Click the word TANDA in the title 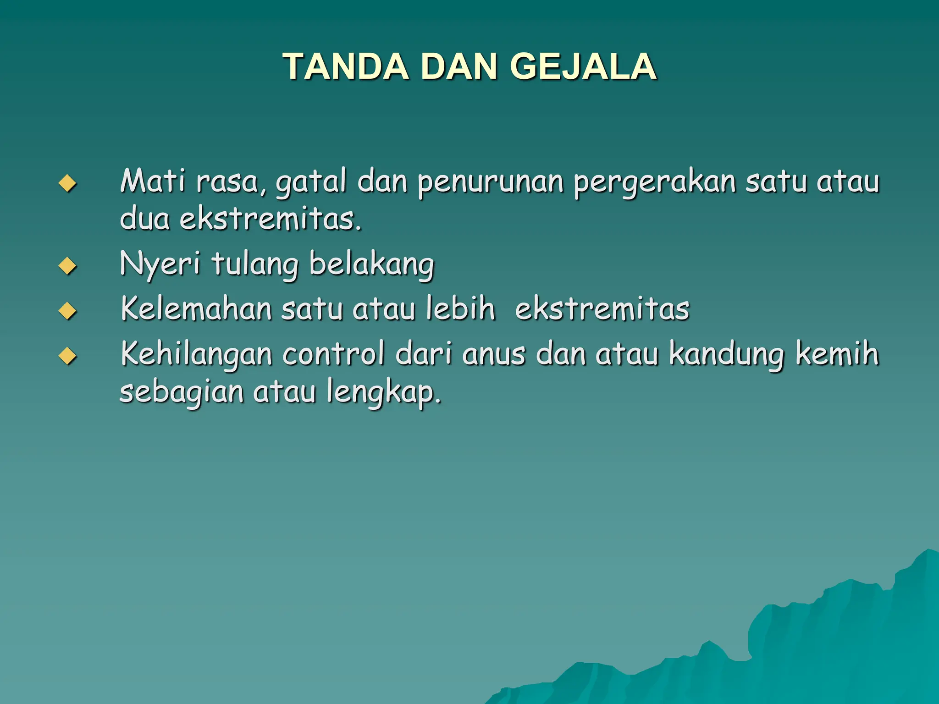(345, 67)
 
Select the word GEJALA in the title (583, 67)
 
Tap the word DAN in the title (458, 67)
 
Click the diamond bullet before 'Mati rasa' (67, 184)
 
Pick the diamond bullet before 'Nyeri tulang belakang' (67, 266)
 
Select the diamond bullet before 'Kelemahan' (67, 311)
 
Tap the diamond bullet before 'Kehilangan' (67, 356)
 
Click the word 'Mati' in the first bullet (153, 181)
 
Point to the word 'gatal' (310, 182)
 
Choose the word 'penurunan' (490, 182)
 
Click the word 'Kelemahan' (197, 308)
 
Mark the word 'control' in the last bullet (333, 354)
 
